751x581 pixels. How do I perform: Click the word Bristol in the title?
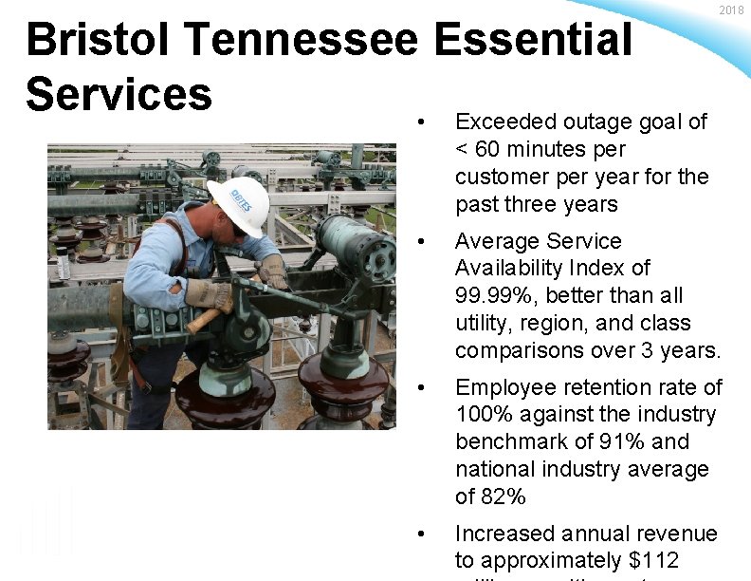coord(100,40)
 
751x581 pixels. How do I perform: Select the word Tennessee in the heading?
coord(302,40)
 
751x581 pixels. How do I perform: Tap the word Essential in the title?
coord(534,40)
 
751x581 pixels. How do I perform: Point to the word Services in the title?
coord(119,94)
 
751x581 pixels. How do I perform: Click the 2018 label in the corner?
coord(731,10)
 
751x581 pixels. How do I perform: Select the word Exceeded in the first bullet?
coord(505,122)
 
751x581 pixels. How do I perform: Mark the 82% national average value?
coord(504,497)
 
